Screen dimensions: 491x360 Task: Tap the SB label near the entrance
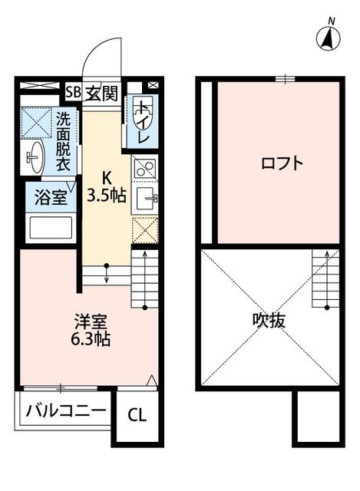[x=73, y=94]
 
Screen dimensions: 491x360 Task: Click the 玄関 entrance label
[x=102, y=94]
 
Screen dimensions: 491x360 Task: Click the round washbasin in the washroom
[x=35, y=158]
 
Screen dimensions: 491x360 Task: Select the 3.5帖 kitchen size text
[x=107, y=196]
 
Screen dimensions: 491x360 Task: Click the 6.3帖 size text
[x=91, y=339]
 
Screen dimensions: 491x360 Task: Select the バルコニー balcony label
[x=65, y=410]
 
